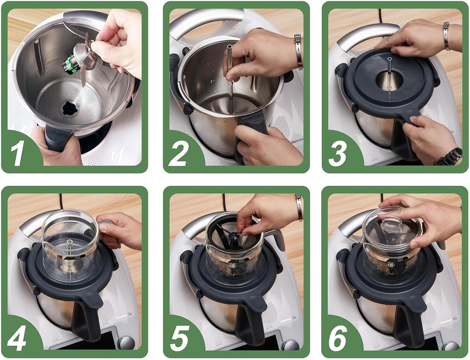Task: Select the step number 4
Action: click(x=17, y=339)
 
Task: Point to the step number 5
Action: click(x=179, y=339)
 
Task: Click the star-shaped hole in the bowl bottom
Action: click(x=70, y=108)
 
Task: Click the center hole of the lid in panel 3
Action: click(x=389, y=79)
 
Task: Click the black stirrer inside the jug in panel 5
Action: click(x=233, y=236)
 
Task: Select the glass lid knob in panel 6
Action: click(x=392, y=225)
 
